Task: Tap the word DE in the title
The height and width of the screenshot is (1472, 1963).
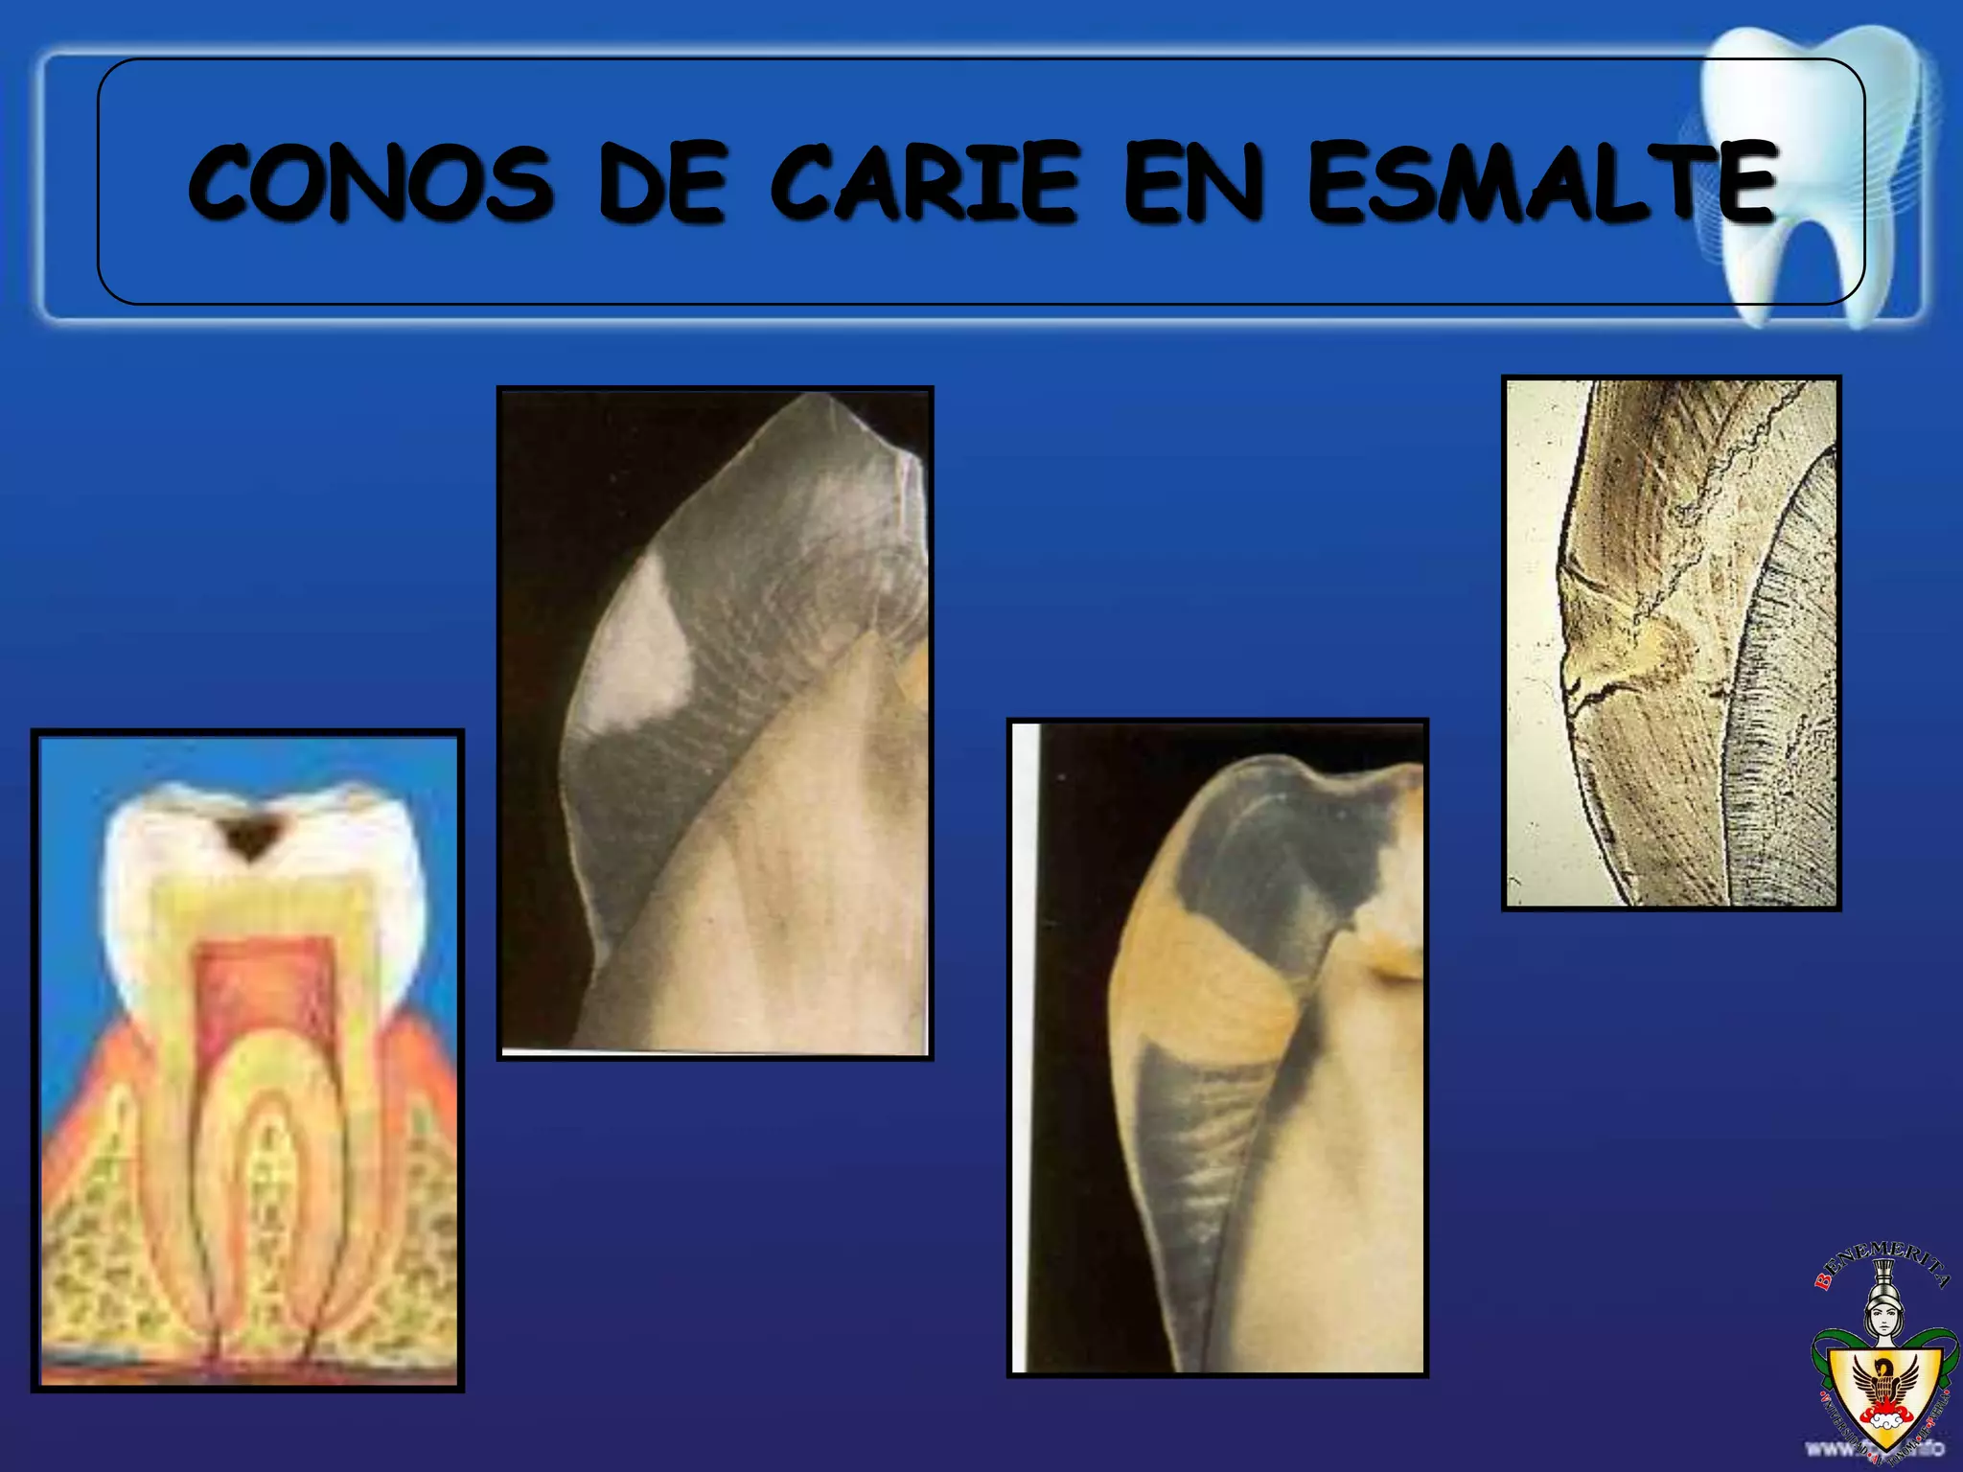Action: [x=662, y=182]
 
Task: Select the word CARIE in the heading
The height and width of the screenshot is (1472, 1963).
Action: [x=925, y=182]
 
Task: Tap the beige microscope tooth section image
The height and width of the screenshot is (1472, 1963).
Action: [x=1671, y=642]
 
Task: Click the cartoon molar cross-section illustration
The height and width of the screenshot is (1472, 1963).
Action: [x=247, y=1060]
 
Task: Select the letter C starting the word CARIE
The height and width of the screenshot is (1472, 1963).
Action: [x=805, y=182]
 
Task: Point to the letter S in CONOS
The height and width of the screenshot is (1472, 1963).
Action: [x=522, y=182]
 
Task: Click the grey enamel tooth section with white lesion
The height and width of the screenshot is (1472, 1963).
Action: [x=715, y=723]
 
